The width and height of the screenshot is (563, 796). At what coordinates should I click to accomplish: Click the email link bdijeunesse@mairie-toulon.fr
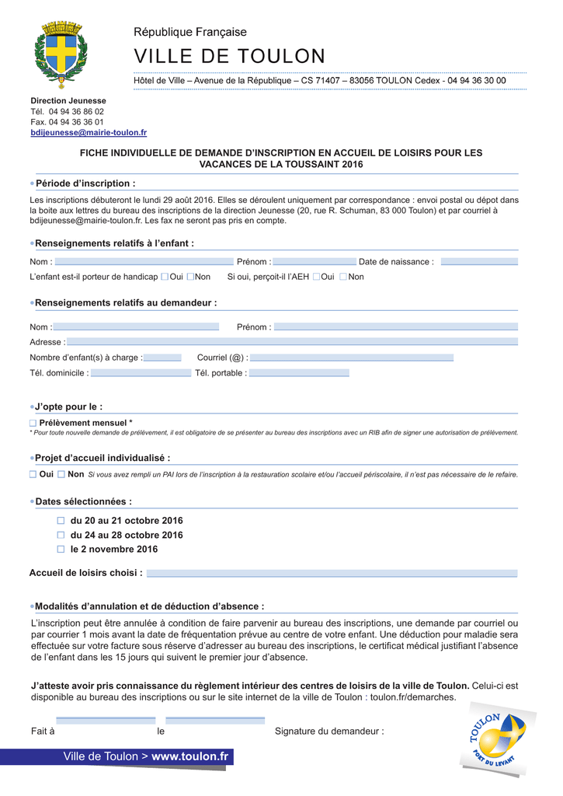click(89, 133)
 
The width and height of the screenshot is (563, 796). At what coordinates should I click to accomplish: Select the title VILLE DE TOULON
click(230, 57)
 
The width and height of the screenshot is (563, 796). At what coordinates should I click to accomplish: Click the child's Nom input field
click(144, 262)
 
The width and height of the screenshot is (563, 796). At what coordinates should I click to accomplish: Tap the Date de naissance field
click(478, 262)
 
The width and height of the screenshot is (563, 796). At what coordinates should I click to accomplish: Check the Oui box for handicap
click(165, 277)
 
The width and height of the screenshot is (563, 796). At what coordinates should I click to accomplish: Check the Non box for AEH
click(343, 277)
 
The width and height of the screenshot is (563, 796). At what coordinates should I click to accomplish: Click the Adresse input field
click(292, 342)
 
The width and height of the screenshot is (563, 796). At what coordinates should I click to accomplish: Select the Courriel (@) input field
click(351, 358)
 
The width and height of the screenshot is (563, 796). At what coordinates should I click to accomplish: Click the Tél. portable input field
click(299, 373)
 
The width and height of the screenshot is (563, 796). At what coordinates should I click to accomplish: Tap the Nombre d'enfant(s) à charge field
click(162, 358)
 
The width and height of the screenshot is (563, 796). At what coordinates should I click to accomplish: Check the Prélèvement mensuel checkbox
click(33, 423)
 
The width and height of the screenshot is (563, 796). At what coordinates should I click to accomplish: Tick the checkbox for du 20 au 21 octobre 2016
click(61, 521)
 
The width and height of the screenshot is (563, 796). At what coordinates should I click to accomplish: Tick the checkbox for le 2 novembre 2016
click(61, 550)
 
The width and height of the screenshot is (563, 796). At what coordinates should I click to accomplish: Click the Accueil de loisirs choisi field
click(332, 574)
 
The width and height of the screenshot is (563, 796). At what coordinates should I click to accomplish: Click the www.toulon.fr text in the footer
click(190, 756)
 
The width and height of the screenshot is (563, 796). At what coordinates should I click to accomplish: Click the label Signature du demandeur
click(329, 731)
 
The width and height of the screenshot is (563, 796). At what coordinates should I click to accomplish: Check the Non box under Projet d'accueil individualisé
click(61, 474)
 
